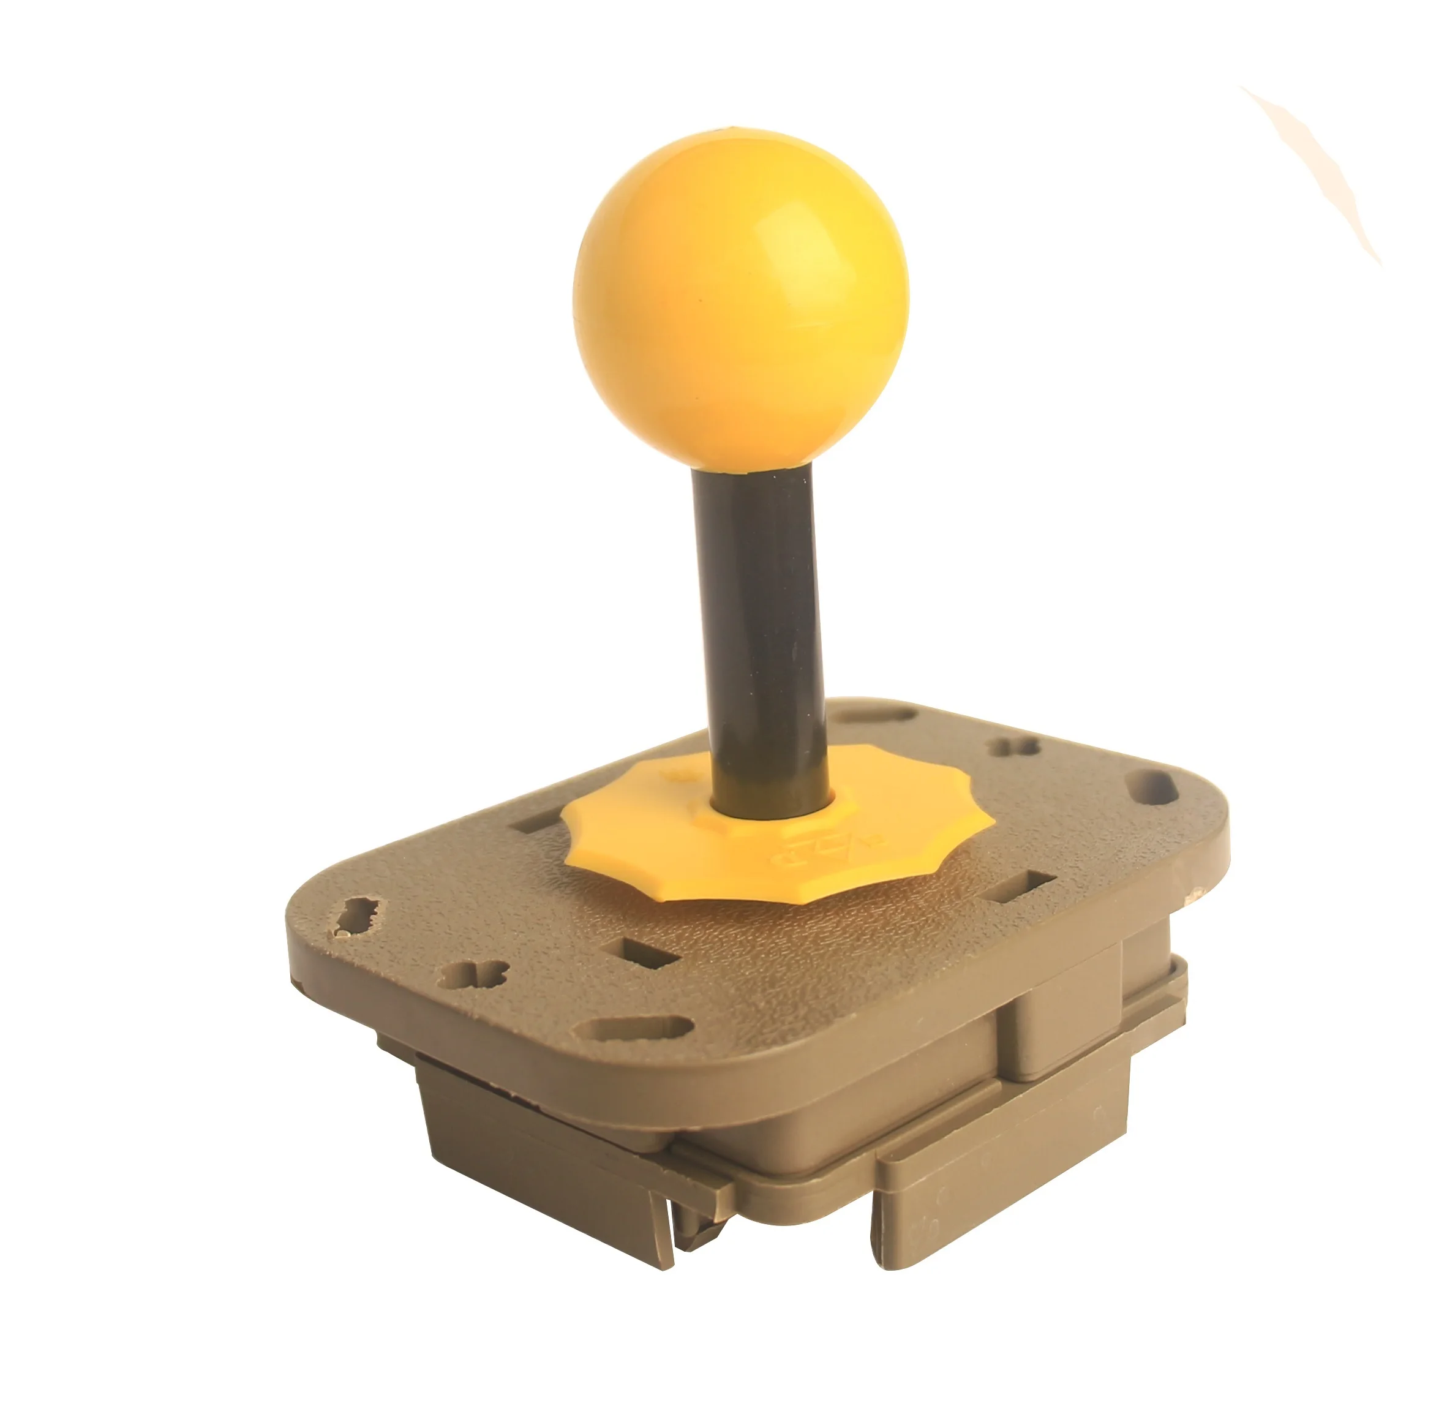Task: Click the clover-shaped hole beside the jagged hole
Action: [472, 974]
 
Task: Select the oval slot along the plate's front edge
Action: [635, 1029]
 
